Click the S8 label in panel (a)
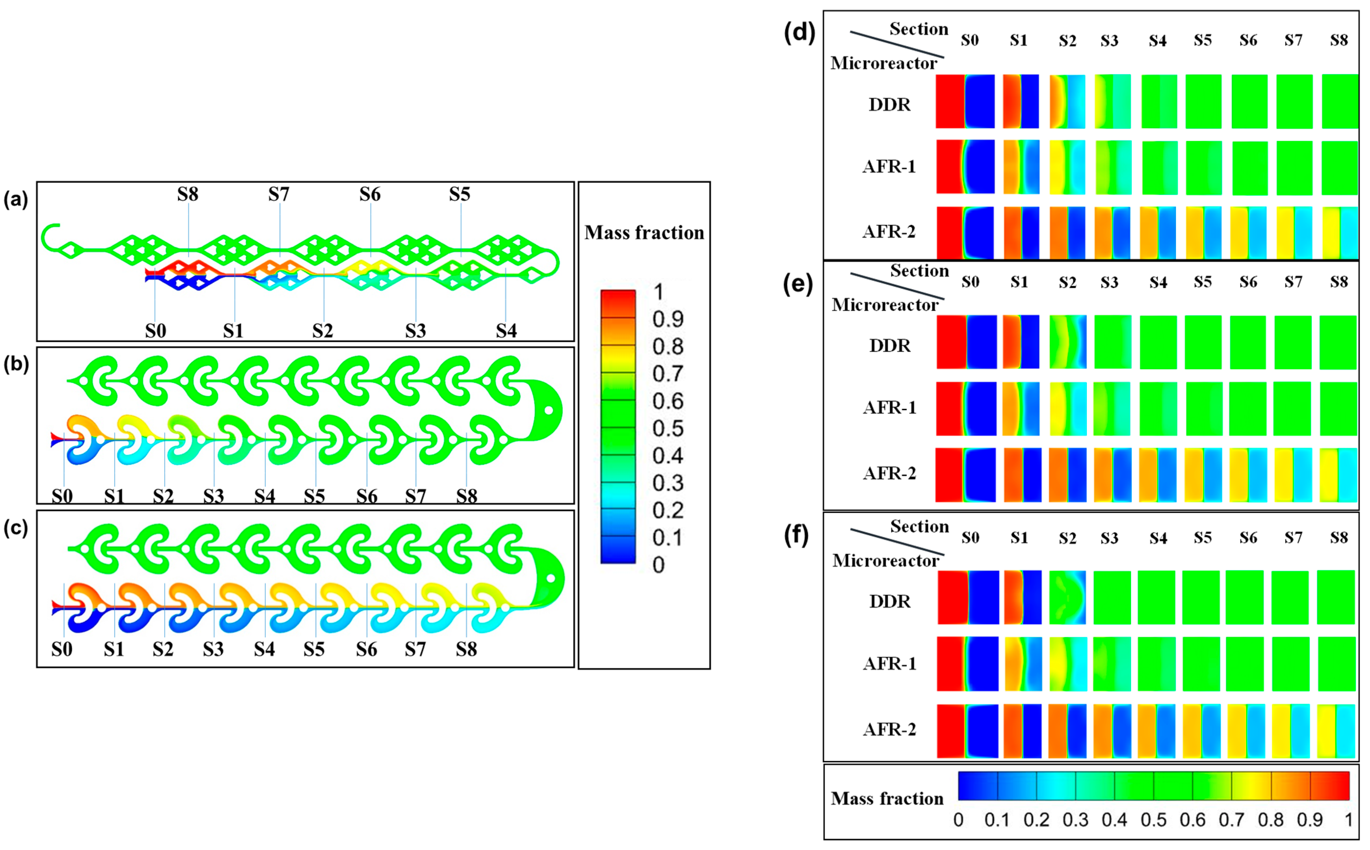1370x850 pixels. point(188,194)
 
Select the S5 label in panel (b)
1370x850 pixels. point(314,496)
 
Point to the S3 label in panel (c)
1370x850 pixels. point(213,649)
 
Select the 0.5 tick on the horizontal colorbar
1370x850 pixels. point(1154,820)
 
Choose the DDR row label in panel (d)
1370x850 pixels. point(889,105)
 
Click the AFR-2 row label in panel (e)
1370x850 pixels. point(889,473)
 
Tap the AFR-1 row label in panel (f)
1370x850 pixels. point(889,664)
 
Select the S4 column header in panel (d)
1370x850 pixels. point(1157,41)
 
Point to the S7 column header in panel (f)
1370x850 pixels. point(1293,538)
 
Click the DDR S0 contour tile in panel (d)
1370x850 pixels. point(965,101)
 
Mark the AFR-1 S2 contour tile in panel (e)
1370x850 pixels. point(1067,409)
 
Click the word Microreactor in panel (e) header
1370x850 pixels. point(885,305)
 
